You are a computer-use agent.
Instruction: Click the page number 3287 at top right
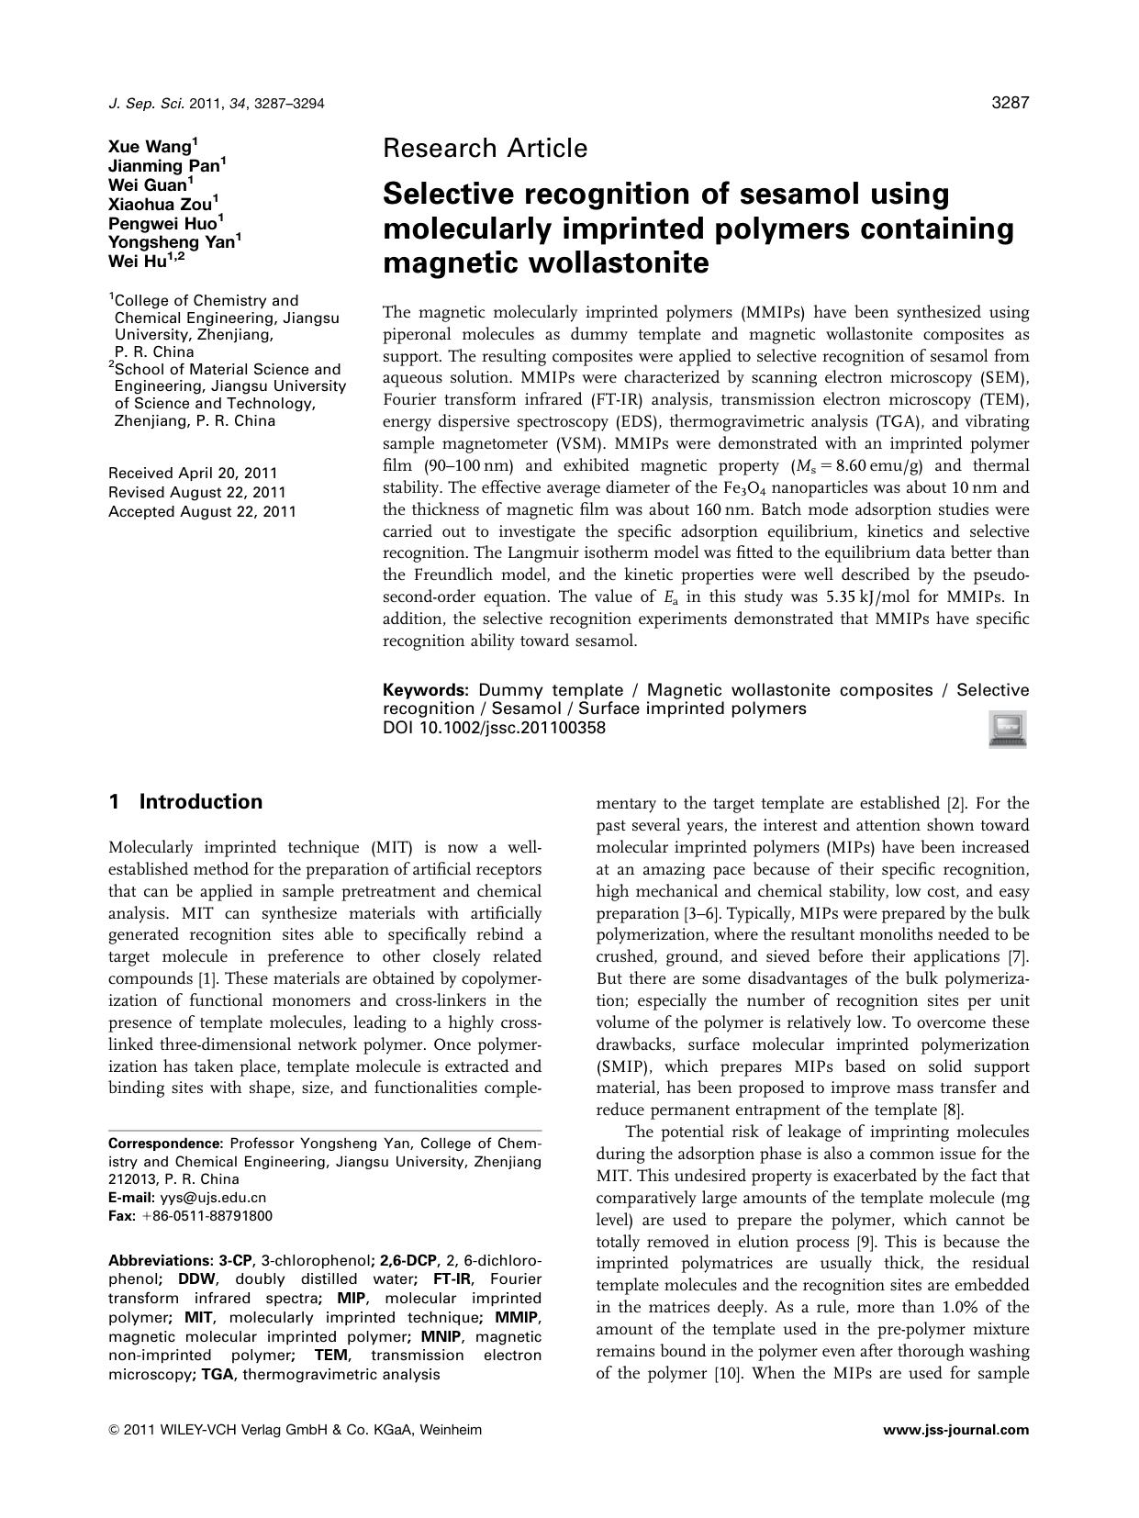(x=1011, y=104)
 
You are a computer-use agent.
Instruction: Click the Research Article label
(x=485, y=148)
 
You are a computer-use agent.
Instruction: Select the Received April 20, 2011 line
(x=193, y=474)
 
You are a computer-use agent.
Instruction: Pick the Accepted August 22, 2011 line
(x=202, y=512)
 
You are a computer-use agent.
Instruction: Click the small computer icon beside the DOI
(x=1008, y=730)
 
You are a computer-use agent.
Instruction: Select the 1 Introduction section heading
(x=185, y=802)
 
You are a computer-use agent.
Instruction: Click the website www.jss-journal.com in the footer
(x=955, y=1430)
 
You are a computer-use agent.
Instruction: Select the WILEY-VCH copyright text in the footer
(x=295, y=1430)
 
